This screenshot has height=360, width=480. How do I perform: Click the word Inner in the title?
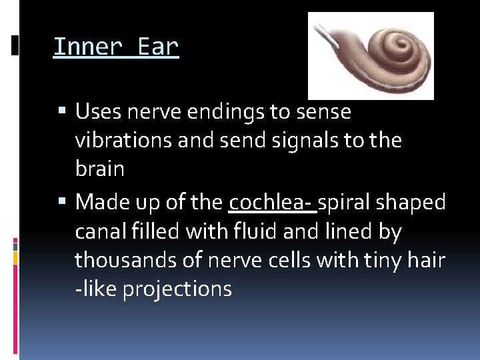point(88,47)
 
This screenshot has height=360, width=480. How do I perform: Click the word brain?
point(99,169)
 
